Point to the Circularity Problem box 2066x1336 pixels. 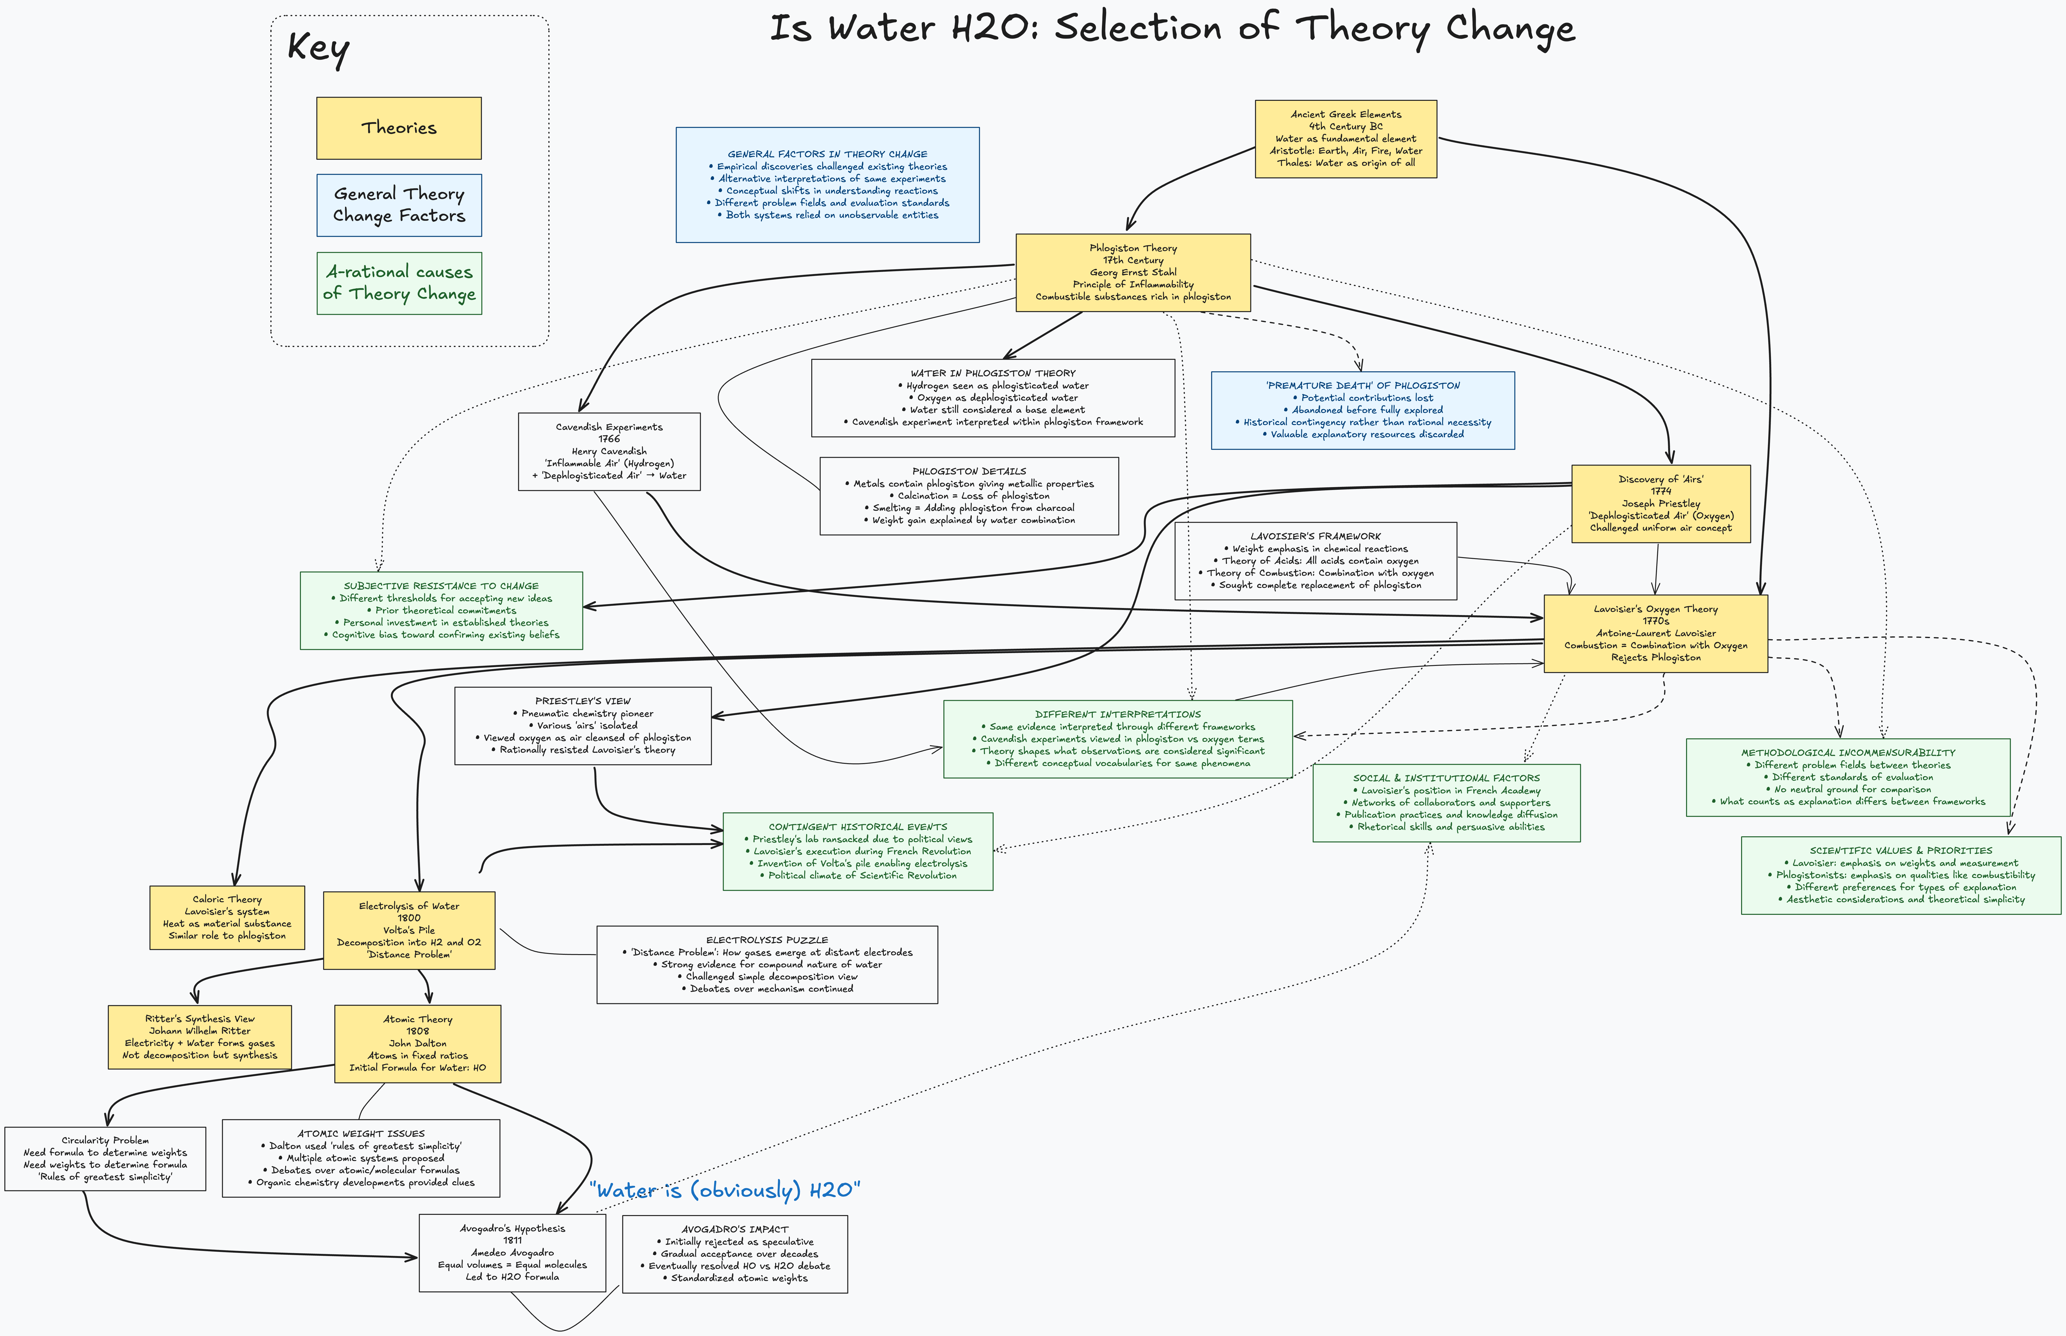coord(105,1158)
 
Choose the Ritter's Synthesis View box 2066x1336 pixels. coord(200,1037)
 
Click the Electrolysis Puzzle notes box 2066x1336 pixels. coord(767,964)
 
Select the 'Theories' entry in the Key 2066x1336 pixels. coord(398,127)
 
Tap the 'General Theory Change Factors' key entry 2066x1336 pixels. coord(398,205)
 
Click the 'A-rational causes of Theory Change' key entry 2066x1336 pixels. coord(398,283)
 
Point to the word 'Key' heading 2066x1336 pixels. coord(318,48)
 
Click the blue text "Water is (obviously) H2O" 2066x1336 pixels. coord(724,1189)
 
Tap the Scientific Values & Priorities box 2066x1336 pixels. coord(1900,875)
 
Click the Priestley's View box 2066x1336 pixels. coord(582,725)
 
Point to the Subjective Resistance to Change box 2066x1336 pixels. coord(441,610)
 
